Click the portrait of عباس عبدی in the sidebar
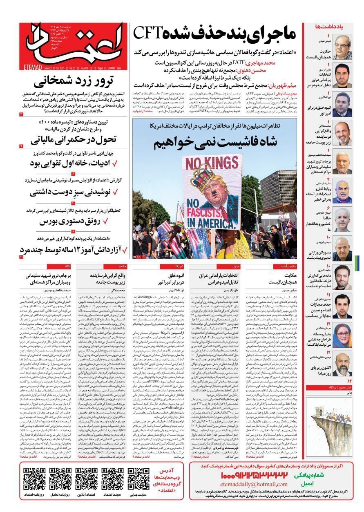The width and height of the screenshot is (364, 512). coord(342,46)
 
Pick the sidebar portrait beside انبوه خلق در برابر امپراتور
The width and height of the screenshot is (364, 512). coord(342,104)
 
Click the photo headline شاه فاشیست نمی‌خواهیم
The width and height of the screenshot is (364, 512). coord(215,143)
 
